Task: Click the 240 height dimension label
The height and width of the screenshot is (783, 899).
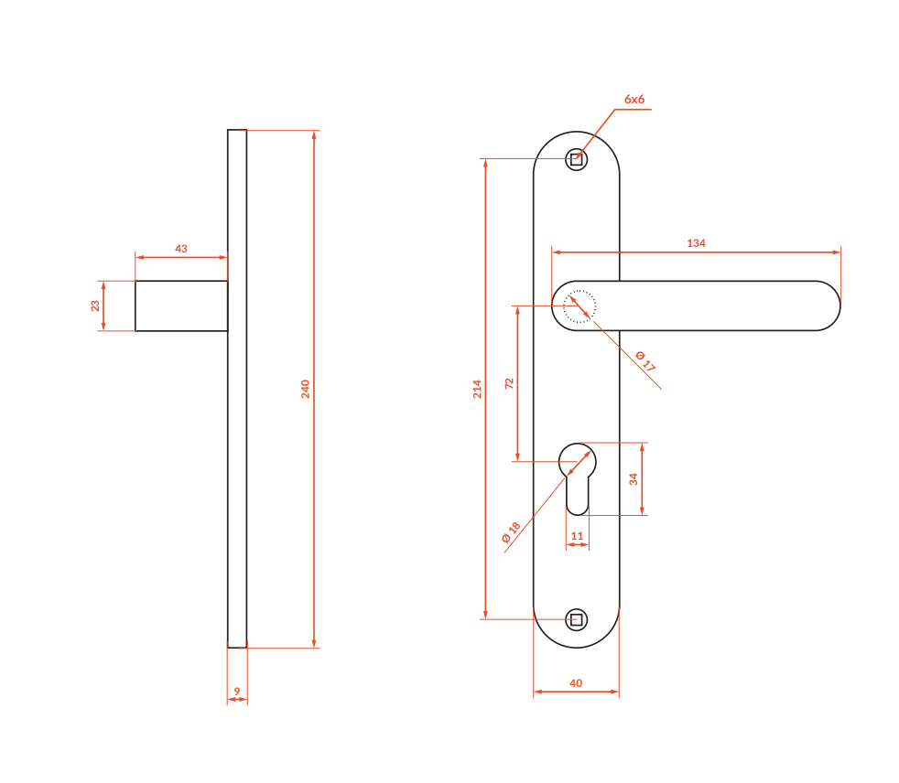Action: (x=306, y=389)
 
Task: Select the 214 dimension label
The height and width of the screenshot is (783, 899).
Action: (x=477, y=389)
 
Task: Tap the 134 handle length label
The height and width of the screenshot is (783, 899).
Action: (x=696, y=243)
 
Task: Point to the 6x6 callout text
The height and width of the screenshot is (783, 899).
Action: (x=634, y=99)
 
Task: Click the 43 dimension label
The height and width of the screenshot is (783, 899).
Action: (x=181, y=249)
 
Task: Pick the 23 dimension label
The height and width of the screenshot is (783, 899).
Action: (x=95, y=306)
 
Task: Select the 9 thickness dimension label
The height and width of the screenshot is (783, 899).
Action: (x=237, y=692)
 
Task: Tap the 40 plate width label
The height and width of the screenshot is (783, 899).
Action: (x=576, y=682)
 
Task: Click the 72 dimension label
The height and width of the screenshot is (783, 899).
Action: (x=509, y=384)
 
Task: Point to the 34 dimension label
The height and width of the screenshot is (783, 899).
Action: (x=634, y=478)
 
